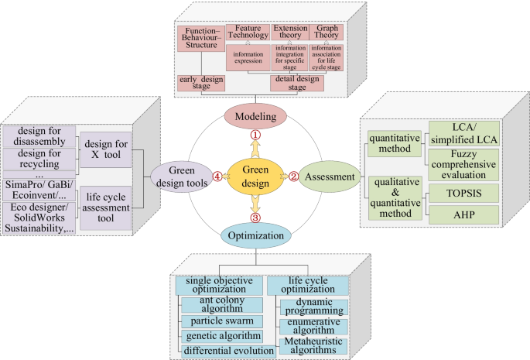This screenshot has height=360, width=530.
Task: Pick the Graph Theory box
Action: pos(326,32)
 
